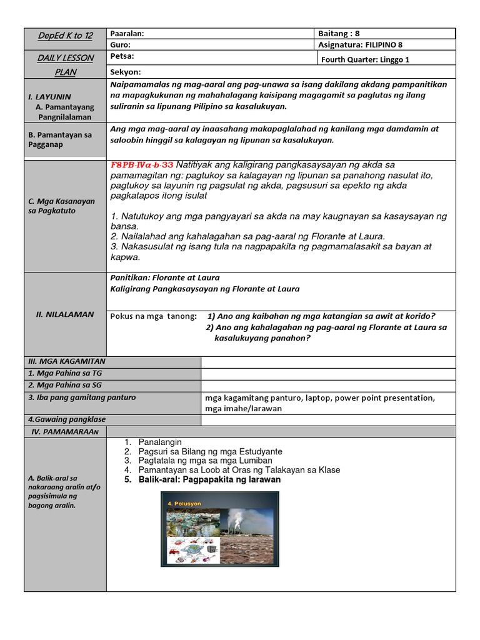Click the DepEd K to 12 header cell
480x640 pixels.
[x=65, y=36]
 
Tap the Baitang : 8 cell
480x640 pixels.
[x=341, y=34]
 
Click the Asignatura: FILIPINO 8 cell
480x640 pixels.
[x=363, y=45]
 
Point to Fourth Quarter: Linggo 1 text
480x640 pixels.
[x=365, y=59]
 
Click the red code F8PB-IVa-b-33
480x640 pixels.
[x=142, y=165]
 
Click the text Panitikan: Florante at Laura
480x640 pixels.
[x=165, y=277]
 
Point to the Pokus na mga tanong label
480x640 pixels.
[x=152, y=316]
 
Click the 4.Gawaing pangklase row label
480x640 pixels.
[x=66, y=420]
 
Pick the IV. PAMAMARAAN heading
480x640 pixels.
[x=65, y=432]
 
